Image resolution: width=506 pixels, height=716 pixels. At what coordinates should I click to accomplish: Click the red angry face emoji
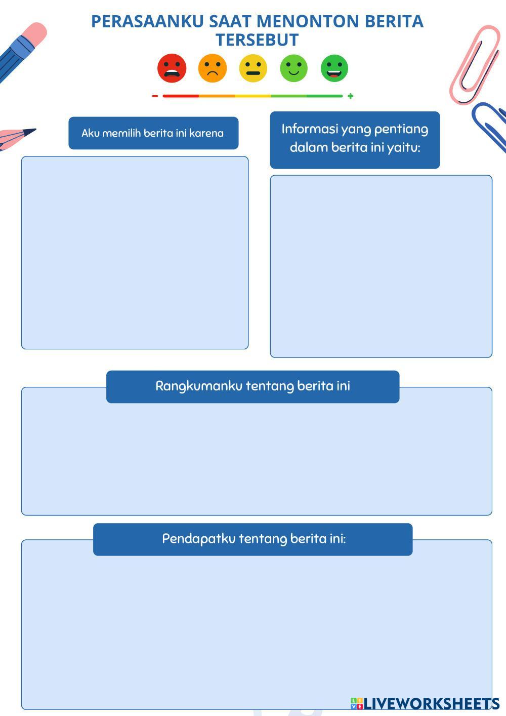click(172, 68)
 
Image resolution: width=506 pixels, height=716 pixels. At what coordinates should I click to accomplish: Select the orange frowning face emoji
click(213, 68)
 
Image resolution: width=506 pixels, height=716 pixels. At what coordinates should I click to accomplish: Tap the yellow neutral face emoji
click(253, 68)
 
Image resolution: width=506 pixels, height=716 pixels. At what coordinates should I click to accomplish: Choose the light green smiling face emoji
click(294, 68)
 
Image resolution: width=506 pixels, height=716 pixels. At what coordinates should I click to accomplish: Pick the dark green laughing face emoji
click(334, 68)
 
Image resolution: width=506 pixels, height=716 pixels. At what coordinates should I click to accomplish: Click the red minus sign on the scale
click(155, 96)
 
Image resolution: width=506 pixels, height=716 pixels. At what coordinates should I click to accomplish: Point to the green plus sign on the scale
click(350, 96)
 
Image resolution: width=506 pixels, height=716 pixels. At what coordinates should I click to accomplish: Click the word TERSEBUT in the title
click(257, 39)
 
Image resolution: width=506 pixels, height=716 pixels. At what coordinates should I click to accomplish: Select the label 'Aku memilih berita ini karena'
click(153, 133)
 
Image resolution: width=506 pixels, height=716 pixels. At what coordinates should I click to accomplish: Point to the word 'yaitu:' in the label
click(404, 147)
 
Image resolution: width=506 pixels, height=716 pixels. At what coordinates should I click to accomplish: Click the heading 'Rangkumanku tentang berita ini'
click(252, 386)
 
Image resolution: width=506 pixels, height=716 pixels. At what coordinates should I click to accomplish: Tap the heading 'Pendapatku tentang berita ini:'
click(254, 538)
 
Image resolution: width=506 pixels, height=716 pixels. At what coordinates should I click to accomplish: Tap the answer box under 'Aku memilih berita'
click(135, 253)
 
